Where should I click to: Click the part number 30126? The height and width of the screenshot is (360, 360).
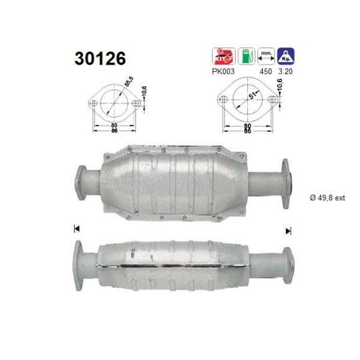(100, 58)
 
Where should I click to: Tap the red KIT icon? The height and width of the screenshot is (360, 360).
(223, 56)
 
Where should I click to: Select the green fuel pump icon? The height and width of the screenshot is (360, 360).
(247, 56)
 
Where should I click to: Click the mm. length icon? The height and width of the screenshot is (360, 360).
(266, 56)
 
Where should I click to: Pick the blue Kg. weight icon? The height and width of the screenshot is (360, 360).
(286, 56)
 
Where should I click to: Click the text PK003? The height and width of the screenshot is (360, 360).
(223, 71)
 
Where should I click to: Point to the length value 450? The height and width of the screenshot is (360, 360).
(266, 71)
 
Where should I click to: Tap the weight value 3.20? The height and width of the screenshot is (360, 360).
(285, 71)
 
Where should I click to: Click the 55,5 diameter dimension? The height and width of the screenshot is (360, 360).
(129, 82)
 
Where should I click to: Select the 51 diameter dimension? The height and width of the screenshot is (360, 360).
(252, 95)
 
